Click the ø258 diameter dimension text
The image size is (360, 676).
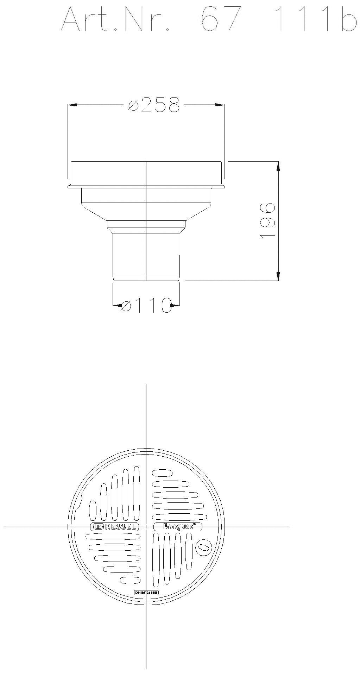154,105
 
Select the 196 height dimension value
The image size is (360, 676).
267,221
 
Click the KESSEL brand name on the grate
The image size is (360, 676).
120,527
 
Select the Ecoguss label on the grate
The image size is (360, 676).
178,527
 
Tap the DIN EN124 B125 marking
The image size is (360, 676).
146,593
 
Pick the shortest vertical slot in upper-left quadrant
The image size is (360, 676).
93,510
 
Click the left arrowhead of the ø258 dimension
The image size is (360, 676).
72,105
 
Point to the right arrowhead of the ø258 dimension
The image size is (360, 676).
220,105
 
